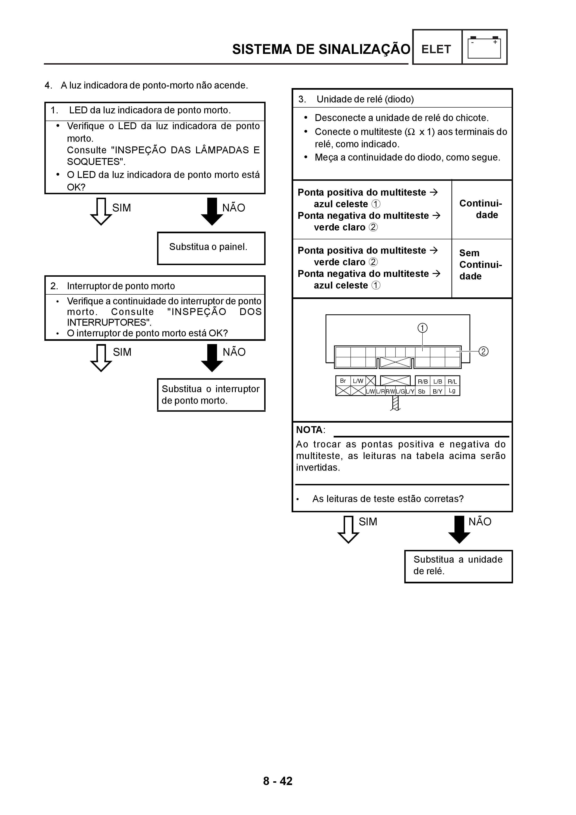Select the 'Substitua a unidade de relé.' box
[x=458, y=566]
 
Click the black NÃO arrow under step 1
[x=212, y=212]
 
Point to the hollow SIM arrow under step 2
[x=101, y=358]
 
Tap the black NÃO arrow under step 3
[x=459, y=530]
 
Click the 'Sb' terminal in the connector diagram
[x=422, y=391]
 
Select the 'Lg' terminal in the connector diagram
[x=452, y=391]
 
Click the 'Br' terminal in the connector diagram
[x=343, y=381]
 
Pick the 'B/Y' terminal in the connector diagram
[x=437, y=391]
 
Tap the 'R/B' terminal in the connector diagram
[x=423, y=381]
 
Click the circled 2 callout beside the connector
[x=483, y=352]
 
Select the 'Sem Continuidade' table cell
[x=481, y=265]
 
